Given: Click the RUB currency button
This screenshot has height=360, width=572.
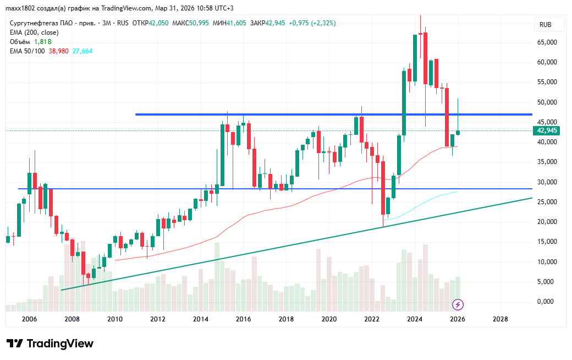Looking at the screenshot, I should [x=546, y=25].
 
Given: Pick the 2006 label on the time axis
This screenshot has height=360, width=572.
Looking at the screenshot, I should [x=29, y=319].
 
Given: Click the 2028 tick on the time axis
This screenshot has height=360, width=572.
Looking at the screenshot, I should [x=500, y=319].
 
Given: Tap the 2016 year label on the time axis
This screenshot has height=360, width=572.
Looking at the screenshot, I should [x=243, y=319].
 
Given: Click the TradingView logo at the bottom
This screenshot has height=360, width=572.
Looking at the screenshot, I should [x=50, y=343].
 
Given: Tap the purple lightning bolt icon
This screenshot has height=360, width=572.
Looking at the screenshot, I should [x=458, y=304].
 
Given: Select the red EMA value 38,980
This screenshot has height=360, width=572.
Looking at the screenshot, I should [x=59, y=51].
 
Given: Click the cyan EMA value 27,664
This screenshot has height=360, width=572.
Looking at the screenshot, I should [x=82, y=51].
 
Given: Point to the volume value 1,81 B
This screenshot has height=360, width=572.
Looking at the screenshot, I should [x=42, y=41].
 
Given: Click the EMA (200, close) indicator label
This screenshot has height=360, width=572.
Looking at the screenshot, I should [x=35, y=32].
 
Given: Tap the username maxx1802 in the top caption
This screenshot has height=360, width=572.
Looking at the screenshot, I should [x=19, y=8].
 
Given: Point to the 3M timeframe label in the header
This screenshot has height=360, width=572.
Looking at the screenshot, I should [x=107, y=23].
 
